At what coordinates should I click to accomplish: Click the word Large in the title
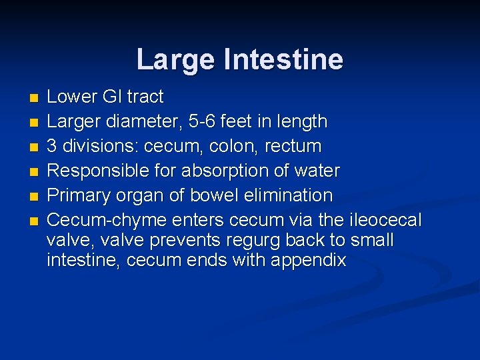tap(177, 59)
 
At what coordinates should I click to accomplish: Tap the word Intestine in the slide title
tap(284, 59)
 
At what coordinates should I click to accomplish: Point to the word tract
tap(145, 97)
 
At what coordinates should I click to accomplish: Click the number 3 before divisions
tap(52, 146)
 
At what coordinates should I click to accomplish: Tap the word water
tap(316, 171)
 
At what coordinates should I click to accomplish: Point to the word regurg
tap(251, 241)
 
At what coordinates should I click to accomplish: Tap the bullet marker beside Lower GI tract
tap(34, 98)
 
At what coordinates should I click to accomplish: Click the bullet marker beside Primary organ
tap(34, 197)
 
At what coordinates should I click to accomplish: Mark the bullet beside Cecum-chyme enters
tap(34, 221)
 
